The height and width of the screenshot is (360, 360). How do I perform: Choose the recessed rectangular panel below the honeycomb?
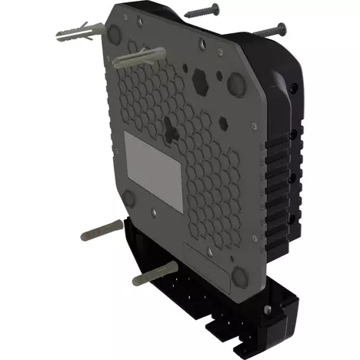tap(208, 262)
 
